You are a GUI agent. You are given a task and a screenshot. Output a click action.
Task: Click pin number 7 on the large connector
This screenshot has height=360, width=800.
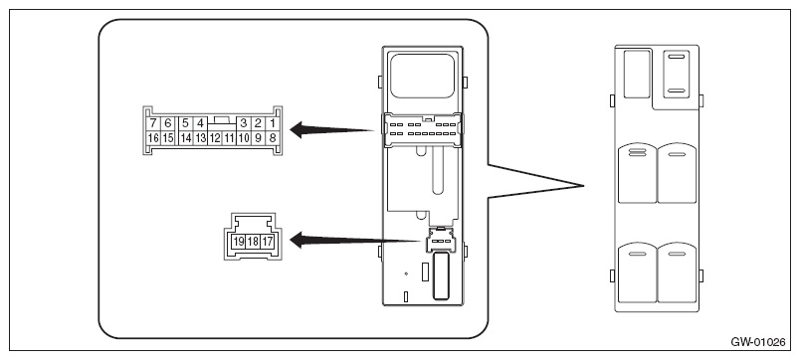[152, 123]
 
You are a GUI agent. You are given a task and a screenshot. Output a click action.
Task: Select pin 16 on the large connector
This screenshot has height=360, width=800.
[152, 137]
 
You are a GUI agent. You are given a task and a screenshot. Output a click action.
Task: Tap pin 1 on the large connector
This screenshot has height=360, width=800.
[273, 123]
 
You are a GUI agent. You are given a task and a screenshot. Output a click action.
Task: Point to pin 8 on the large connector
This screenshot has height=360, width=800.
[273, 137]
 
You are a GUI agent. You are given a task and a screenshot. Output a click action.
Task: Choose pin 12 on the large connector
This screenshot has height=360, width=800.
[215, 137]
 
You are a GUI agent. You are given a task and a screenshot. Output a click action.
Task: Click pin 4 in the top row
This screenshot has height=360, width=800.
[201, 123]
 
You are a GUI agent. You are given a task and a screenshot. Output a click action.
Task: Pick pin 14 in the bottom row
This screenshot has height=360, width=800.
[186, 137]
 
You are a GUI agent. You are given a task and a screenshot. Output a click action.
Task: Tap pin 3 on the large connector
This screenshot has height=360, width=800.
[244, 123]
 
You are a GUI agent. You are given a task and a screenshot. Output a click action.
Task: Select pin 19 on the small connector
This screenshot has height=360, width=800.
[238, 242]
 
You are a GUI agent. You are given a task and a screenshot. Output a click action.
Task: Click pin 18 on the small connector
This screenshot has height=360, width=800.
[253, 242]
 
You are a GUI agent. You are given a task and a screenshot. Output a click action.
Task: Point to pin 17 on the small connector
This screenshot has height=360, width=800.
[267, 242]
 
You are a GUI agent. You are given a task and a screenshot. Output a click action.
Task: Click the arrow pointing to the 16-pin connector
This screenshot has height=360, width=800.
[331, 129]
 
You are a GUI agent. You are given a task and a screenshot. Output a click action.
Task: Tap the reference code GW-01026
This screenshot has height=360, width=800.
[758, 342]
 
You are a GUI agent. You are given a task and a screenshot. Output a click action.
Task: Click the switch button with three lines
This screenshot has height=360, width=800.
[637, 173]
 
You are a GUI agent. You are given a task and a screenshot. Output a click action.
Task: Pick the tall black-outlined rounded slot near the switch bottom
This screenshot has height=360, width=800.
[441, 275]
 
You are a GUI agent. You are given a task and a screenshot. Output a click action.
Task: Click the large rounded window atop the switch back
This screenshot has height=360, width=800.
[423, 76]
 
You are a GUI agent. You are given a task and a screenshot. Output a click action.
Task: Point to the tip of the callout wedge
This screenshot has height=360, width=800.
[584, 186]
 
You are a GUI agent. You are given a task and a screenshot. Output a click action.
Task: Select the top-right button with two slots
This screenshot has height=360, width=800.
[677, 73]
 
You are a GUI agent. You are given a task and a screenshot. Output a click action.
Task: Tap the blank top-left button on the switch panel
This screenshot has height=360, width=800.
[637, 74]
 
